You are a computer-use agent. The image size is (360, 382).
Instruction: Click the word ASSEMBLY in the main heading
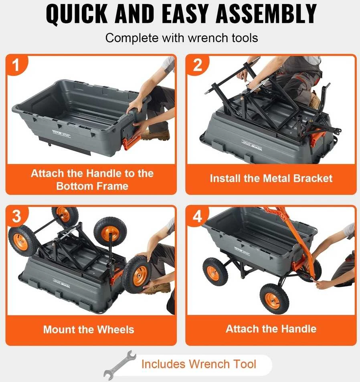pos(266,14)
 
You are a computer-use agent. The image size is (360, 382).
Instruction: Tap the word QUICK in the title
pos(77,14)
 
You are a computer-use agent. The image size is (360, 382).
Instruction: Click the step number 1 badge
pos(16,65)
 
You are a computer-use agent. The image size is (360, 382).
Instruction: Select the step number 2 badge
pos(198,65)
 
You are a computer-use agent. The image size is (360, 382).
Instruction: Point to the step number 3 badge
pos(16,216)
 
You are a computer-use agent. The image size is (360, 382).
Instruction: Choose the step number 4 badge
pos(197,216)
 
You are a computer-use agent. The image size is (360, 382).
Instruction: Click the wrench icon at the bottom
pos(119,365)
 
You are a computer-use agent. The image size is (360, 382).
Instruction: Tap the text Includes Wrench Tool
pos(198,364)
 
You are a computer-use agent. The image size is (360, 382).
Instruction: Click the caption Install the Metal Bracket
pos(271,178)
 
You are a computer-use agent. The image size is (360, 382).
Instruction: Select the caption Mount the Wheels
pos(89,329)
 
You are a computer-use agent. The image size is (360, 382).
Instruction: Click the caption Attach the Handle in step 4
pos(271,329)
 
